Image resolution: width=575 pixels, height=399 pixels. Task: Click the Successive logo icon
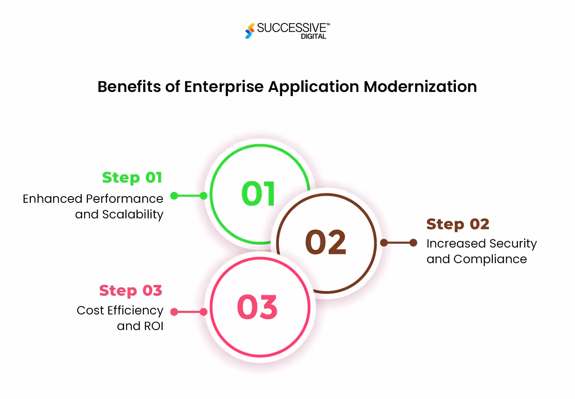tap(249, 31)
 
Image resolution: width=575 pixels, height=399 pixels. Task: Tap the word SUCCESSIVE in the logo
tap(291, 28)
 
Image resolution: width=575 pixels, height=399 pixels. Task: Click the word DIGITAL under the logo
tap(313, 37)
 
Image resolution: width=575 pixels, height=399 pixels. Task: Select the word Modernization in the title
tap(420, 87)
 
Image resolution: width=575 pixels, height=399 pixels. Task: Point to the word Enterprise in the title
tap(224, 87)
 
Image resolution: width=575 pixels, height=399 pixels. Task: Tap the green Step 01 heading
tap(132, 177)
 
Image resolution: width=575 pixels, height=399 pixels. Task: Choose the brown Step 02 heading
tap(458, 224)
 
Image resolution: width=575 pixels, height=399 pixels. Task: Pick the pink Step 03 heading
tap(131, 291)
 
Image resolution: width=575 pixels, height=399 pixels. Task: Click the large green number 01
tap(258, 194)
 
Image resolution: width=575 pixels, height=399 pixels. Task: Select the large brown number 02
tap(326, 242)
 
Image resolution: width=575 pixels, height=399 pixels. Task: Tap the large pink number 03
tap(258, 307)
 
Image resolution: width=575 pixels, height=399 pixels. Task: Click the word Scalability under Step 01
tap(133, 214)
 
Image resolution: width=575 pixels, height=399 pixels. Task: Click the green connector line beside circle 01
tap(189, 196)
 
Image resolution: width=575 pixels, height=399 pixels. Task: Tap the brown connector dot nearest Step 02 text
tap(414, 243)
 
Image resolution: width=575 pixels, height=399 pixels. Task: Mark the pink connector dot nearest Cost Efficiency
tap(174, 312)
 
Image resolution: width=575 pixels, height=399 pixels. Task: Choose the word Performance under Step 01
tap(124, 199)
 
